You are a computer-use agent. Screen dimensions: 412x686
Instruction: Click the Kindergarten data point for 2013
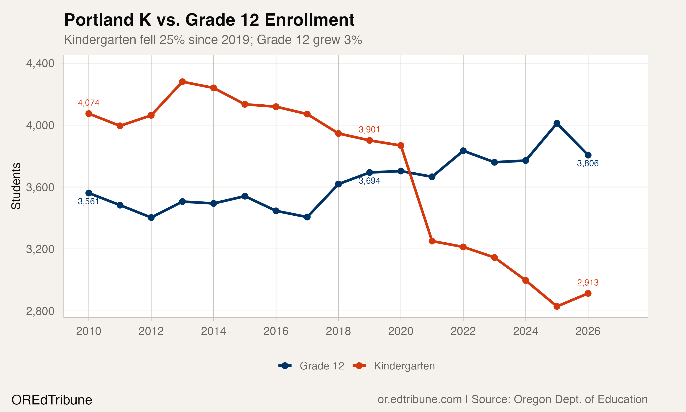[x=182, y=82]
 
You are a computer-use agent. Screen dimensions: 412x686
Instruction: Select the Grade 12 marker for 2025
[x=557, y=123]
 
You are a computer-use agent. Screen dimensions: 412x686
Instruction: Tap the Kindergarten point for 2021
[x=432, y=241]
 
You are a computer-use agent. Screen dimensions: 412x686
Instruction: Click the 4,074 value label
[x=88, y=103]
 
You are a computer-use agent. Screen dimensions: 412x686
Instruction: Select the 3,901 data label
[x=369, y=129]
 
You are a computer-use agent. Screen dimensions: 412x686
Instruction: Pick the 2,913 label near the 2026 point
[x=588, y=283]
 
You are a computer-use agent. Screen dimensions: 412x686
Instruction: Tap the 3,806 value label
[x=588, y=163]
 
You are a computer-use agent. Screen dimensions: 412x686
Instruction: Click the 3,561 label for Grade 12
[x=88, y=201]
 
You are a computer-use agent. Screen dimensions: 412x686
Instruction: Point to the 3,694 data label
[x=369, y=181]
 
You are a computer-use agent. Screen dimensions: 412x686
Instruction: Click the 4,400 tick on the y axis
[x=40, y=63]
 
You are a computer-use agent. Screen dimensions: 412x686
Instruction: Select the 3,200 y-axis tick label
[x=40, y=249]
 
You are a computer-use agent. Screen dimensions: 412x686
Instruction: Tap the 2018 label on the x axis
[x=338, y=331]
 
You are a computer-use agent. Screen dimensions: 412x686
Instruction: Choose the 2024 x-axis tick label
[x=525, y=331]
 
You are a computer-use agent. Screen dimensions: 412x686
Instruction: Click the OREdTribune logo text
[x=52, y=400]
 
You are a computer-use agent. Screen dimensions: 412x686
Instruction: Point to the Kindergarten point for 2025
[x=557, y=306]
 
